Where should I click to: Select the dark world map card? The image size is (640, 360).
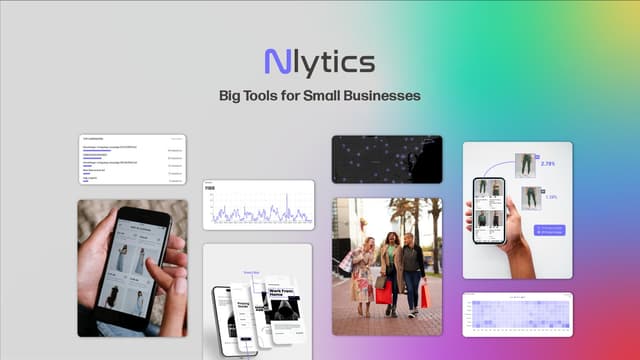(x=386, y=159)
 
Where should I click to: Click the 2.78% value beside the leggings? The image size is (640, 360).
(x=547, y=163)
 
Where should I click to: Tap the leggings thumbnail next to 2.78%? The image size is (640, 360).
(x=526, y=164)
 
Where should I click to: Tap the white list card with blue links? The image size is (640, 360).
(x=132, y=158)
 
